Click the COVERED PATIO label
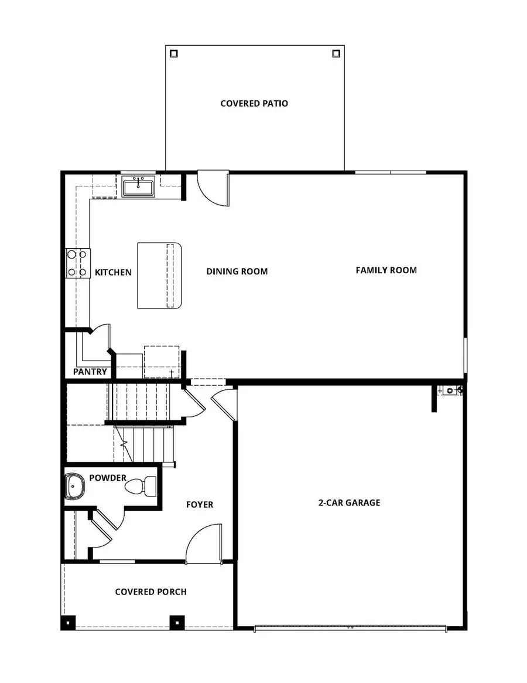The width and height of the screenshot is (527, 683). (254, 104)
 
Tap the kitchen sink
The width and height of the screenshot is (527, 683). (139, 187)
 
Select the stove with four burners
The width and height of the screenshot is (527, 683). (78, 263)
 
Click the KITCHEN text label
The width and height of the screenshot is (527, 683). (113, 273)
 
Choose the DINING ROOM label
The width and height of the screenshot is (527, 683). (237, 271)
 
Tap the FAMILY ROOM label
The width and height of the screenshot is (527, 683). (386, 270)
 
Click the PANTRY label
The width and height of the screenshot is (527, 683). (90, 372)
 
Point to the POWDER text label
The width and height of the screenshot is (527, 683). (108, 478)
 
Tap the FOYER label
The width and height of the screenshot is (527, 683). (200, 504)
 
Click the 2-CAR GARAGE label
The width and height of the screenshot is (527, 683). (350, 502)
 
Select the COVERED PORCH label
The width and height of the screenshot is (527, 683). (151, 592)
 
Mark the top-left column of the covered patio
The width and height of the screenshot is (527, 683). (174, 53)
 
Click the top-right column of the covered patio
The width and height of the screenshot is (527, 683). (336, 53)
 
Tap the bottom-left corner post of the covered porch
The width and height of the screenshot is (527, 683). (69, 623)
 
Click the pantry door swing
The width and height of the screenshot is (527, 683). (101, 336)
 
